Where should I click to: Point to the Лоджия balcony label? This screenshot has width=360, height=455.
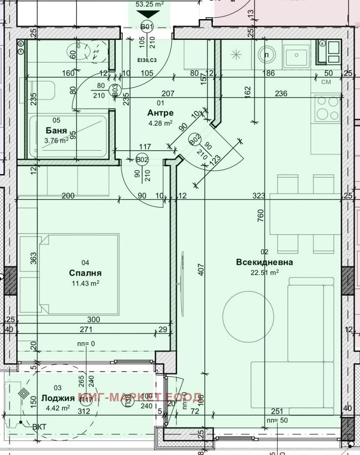(58, 398)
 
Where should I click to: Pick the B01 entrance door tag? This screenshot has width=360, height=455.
(147, 26)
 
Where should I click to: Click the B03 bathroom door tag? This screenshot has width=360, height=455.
(115, 91)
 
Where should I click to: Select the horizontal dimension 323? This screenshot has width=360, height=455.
(259, 196)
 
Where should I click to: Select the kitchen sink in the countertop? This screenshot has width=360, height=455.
(295, 57)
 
